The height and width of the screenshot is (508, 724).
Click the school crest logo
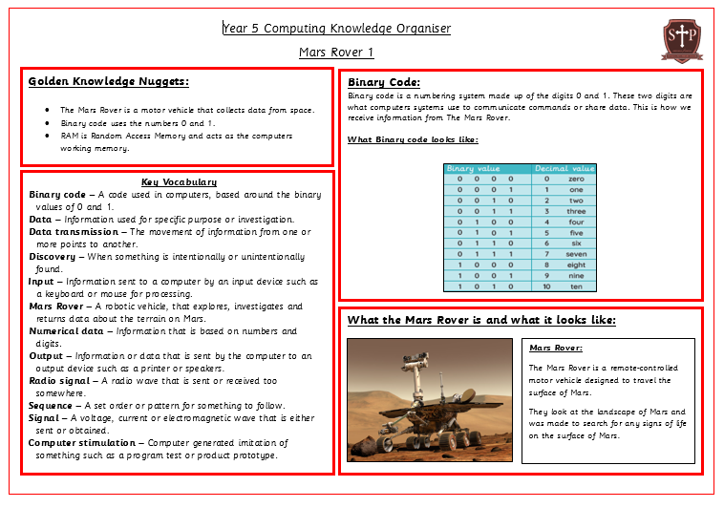coord(682,40)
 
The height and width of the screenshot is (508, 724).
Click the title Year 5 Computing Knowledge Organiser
coord(336,29)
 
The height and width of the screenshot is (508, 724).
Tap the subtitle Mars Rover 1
coord(336,52)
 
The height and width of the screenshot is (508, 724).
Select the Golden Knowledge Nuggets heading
coord(109,81)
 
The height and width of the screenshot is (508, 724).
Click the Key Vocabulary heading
coord(179,181)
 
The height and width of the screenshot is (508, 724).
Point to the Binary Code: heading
coord(384,82)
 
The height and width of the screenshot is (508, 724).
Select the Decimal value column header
coord(564,168)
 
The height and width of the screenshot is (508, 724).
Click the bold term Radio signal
coord(59,380)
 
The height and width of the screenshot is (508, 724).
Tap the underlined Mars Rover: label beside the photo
coord(556,348)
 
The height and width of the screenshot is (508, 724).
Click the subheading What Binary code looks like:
coord(413,139)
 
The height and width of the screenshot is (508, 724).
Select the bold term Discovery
coord(52,256)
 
